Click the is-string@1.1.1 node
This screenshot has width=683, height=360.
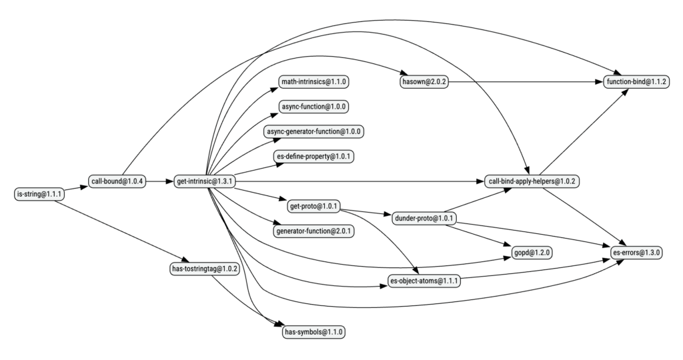[39, 194]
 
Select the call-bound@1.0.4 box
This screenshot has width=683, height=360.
[117, 181]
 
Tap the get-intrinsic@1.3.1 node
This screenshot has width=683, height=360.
[204, 181]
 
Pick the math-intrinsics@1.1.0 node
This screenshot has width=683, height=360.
[313, 81]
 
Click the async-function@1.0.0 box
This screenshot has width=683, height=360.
[313, 106]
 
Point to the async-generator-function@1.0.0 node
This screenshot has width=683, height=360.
[313, 131]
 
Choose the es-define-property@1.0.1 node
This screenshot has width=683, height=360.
[313, 157]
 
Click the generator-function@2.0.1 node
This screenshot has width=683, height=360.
[313, 231]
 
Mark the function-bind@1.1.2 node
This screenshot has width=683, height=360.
[636, 81]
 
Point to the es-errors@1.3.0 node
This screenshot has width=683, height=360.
[636, 253]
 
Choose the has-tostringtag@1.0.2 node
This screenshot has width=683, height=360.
[204, 269]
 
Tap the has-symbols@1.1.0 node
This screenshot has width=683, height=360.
[313, 331]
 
